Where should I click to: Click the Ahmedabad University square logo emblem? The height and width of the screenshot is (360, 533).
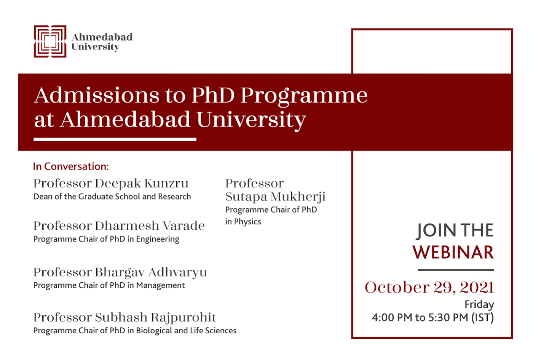[x=50, y=42]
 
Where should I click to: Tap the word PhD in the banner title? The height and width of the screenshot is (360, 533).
[x=213, y=95]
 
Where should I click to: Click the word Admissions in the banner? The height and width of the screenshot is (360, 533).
[x=97, y=95]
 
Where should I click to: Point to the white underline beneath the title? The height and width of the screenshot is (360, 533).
[x=115, y=139]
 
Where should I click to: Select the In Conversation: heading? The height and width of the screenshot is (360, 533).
[x=71, y=166]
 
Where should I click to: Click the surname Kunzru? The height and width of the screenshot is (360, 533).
[x=166, y=183]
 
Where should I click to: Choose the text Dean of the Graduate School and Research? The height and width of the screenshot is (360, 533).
[x=112, y=197]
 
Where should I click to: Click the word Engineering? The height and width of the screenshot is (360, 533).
[x=158, y=239]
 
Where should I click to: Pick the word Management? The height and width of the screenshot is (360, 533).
[x=160, y=285]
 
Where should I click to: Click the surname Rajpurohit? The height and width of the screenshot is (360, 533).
[x=184, y=318]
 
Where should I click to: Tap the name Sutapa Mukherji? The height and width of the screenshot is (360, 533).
[x=275, y=197]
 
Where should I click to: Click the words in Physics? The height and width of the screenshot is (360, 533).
[x=243, y=222]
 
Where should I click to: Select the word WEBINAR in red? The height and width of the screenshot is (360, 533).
[x=453, y=252]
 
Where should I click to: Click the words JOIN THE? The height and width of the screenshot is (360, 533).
[x=455, y=230]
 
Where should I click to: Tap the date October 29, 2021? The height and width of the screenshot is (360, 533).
[x=429, y=287]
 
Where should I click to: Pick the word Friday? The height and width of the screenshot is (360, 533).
[x=479, y=304]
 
